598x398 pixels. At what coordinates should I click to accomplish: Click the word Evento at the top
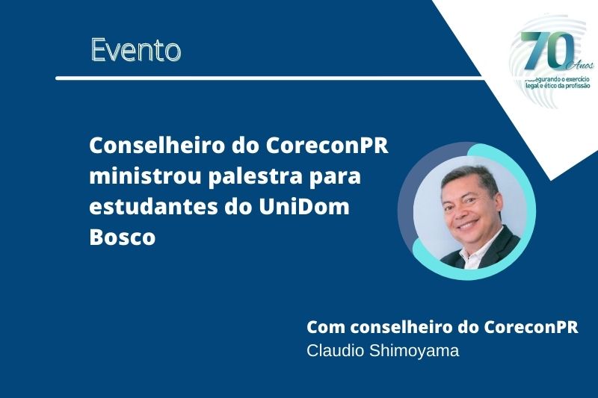pyautogui.click(x=136, y=50)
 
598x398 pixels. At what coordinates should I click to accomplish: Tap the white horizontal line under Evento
pyautogui.click(x=269, y=78)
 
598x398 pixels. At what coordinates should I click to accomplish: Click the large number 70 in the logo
pyautogui.click(x=548, y=51)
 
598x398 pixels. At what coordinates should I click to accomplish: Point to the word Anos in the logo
pyautogui.click(x=582, y=66)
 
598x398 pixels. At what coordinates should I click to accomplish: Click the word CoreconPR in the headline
pyautogui.click(x=327, y=145)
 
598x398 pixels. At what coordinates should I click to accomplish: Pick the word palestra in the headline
pyautogui.click(x=255, y=177)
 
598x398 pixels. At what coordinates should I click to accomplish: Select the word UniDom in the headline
pyautogui.click(x=304, y=206)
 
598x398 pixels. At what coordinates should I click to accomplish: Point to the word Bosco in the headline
pyautogui.click(x=123, y=237)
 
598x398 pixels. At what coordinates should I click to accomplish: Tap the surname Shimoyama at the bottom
pyautogui.click(x=415, y=351)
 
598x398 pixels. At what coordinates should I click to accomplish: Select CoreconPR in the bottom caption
pyautogui.click(x=531, y=327)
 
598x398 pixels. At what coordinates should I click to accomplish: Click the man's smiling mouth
pyautogui.click(x=468, y=223)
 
